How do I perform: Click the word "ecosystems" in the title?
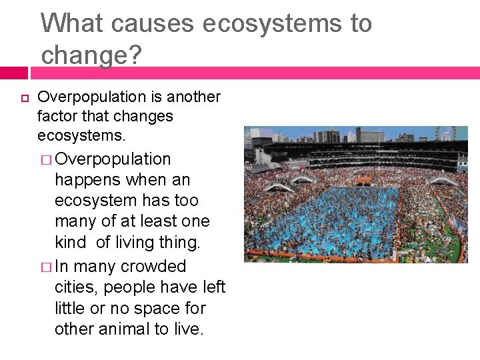point(277,23)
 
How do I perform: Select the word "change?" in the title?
point(91,55)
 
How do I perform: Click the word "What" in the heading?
point(71,23)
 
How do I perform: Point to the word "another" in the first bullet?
point(193,97)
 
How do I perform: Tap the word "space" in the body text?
point(175,308)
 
